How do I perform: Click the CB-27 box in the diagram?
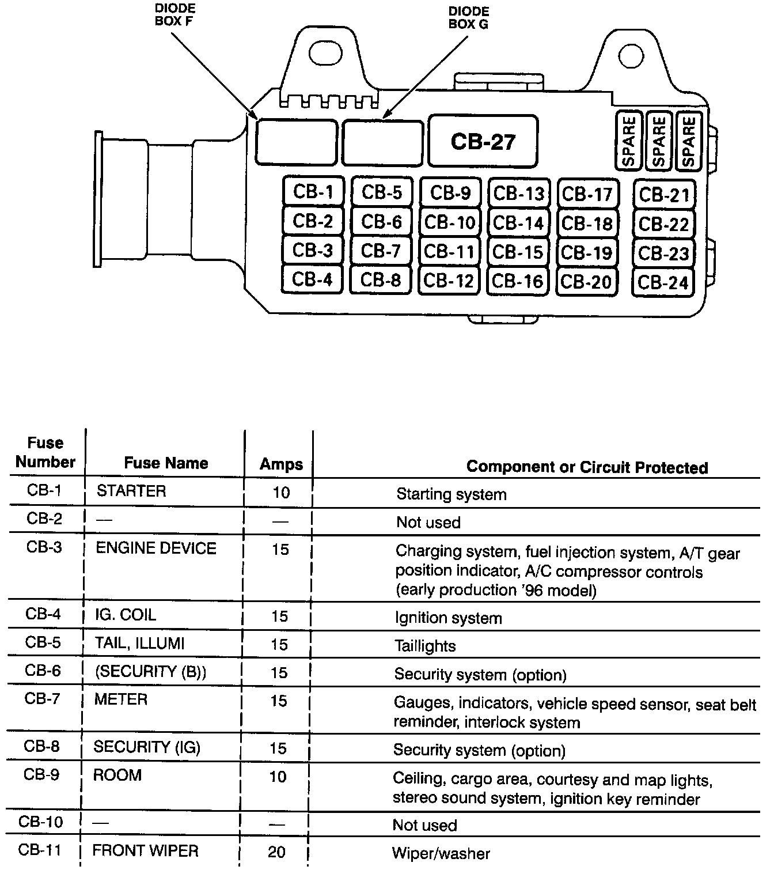click(483, 141)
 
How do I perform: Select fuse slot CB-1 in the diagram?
click(313, 191)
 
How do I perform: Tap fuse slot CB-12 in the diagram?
click(449, 280)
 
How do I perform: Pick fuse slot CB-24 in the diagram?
click(663, 282)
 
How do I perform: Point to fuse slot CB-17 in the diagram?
click(586, 194)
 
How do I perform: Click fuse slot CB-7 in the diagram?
click(381, 251)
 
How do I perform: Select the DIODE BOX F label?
click(175, 15)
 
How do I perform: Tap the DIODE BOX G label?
click(468, 17)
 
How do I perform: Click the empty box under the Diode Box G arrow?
click(382, 142)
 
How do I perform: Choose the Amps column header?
click(281, 464)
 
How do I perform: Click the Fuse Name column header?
click(166, 463)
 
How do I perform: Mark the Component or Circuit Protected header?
click(587, 467)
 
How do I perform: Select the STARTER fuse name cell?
click(131, 491)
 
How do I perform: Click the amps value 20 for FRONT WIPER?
click(277, 852)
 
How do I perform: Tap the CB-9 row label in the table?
click(41, 774)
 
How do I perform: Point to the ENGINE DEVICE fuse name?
click(156, 548)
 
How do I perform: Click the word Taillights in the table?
click(425, 646)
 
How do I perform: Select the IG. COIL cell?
click(126, 615)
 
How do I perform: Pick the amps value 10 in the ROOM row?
click(278, 777)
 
